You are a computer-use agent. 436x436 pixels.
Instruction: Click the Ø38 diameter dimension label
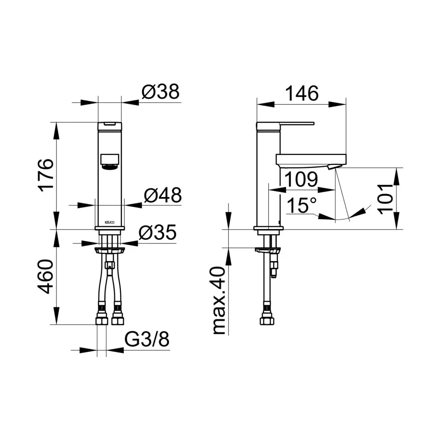(161, 92)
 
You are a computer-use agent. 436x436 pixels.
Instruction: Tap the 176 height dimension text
(46, 175)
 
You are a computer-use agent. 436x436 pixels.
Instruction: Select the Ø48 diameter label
(163, 195)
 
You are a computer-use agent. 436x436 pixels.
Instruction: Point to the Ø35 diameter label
(158, 232)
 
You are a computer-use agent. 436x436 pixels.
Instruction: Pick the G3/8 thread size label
(146, 339)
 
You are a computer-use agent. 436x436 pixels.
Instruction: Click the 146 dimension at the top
(302, 93)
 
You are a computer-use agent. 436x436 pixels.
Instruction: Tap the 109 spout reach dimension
(301, 179)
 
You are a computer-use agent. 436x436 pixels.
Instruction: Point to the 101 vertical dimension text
(385, 198)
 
